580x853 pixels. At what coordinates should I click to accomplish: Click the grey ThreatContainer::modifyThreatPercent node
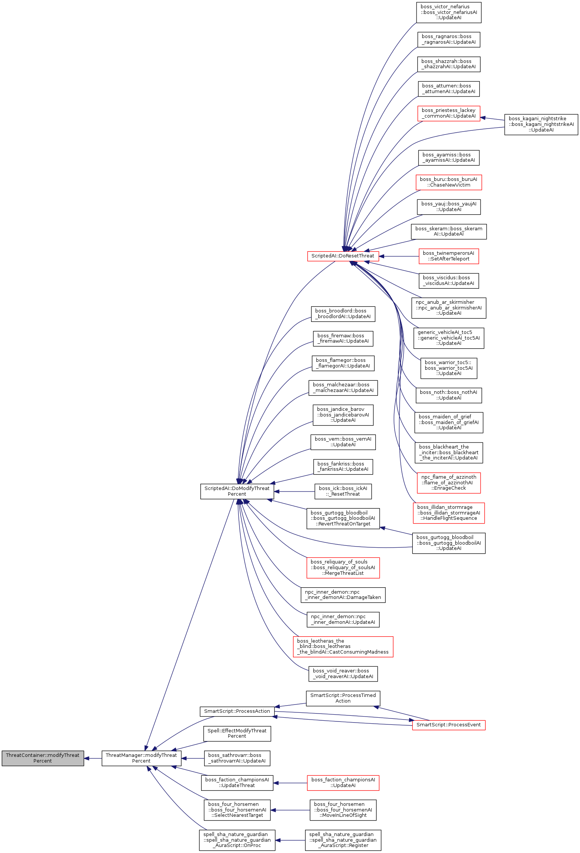pyautogui.click(x=43, y=758)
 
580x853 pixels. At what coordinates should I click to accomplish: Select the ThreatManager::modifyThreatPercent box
pyautogui.click(x=141, y=758)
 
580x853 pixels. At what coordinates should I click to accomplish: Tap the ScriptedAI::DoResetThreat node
pyautogui.click(x=343, y=256)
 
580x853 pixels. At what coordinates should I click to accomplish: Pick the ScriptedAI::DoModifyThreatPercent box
pyautogui.click(x=237, y=491)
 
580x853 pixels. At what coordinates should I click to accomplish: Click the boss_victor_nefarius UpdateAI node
pyautogui.click(x=449, y=12)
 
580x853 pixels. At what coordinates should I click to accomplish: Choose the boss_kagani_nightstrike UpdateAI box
pyautogui.click(x=541, y=124)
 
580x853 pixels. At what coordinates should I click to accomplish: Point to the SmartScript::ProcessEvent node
pyautogui.click(x=448, y=725)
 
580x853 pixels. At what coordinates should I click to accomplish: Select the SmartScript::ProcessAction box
pyautogui.click(x=237, y=711)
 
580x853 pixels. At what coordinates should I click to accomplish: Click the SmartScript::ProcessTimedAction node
pyautogui.click(x=343, y=698)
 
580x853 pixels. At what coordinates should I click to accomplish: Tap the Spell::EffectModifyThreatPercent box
pyautogui.click(x=237, y=733)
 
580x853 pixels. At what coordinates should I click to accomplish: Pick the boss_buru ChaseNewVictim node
pyautogui.click(x=448, y=182)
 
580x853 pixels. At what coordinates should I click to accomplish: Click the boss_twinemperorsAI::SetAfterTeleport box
pyautogui.click(x=448, y=256)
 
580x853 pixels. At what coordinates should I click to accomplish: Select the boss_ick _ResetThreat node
pyautogui.click(x=343, y=491)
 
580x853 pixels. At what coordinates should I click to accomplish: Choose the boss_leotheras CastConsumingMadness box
pyautogui.click(x=343, y=646)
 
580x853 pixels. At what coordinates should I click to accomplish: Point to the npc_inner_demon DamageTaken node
pyautogui.click(x=343, y=594)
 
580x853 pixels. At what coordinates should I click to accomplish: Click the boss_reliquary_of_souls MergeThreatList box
pyautogui.click(x=343, y=567)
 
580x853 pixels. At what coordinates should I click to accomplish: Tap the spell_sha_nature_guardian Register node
pyautogui.click(x=343, y=840)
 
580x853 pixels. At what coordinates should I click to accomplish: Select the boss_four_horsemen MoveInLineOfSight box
pyautogui.click(x=343, y=810)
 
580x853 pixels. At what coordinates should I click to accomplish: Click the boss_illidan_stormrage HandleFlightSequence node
pyautogui.click(x=448, y=513)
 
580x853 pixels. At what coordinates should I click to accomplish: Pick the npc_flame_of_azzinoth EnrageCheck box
pyautogui.click(x=448, y=482)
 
